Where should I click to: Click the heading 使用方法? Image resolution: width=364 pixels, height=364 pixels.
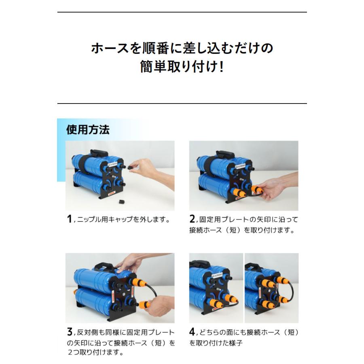(88, 130)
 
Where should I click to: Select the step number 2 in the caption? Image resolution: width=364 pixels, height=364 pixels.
(193, 219)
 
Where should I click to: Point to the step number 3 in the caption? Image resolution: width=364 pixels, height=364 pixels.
(69, 332)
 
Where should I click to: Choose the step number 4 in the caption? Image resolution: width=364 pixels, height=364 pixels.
(193, 332)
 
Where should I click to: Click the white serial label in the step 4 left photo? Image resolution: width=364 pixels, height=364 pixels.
(215, 275)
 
